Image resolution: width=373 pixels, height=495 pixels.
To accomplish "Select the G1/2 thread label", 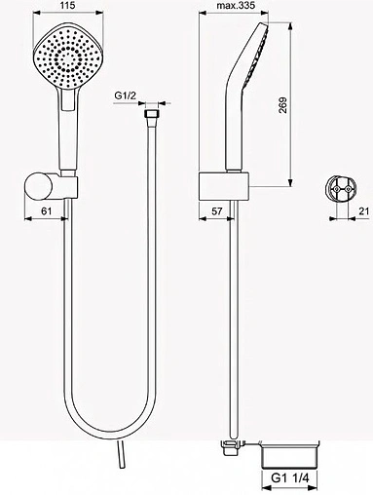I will coord(127,94).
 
